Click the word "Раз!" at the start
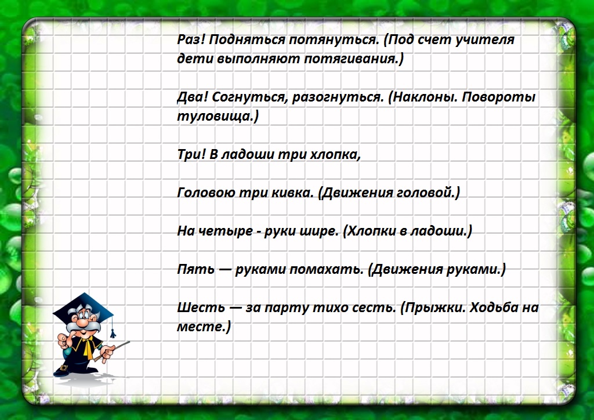click(191, 40)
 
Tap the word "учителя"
click(487, 40)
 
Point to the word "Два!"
click(191, 97)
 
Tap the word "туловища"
click(215, 117)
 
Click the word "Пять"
click(193, 270)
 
